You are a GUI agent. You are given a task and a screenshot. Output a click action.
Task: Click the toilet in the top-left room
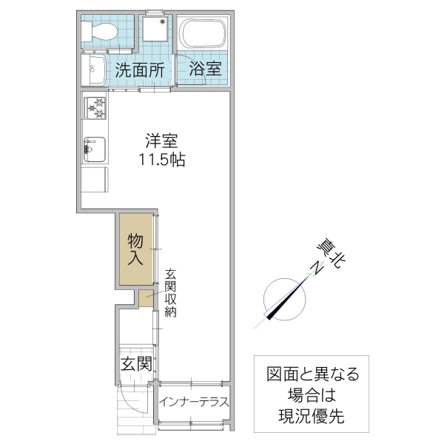98,31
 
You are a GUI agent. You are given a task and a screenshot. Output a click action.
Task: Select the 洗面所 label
139,71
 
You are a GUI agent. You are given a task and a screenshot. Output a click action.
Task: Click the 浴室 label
204,71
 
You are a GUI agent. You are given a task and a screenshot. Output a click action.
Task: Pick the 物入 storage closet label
135,249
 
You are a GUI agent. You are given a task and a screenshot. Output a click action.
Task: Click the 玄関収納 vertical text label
170,292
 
